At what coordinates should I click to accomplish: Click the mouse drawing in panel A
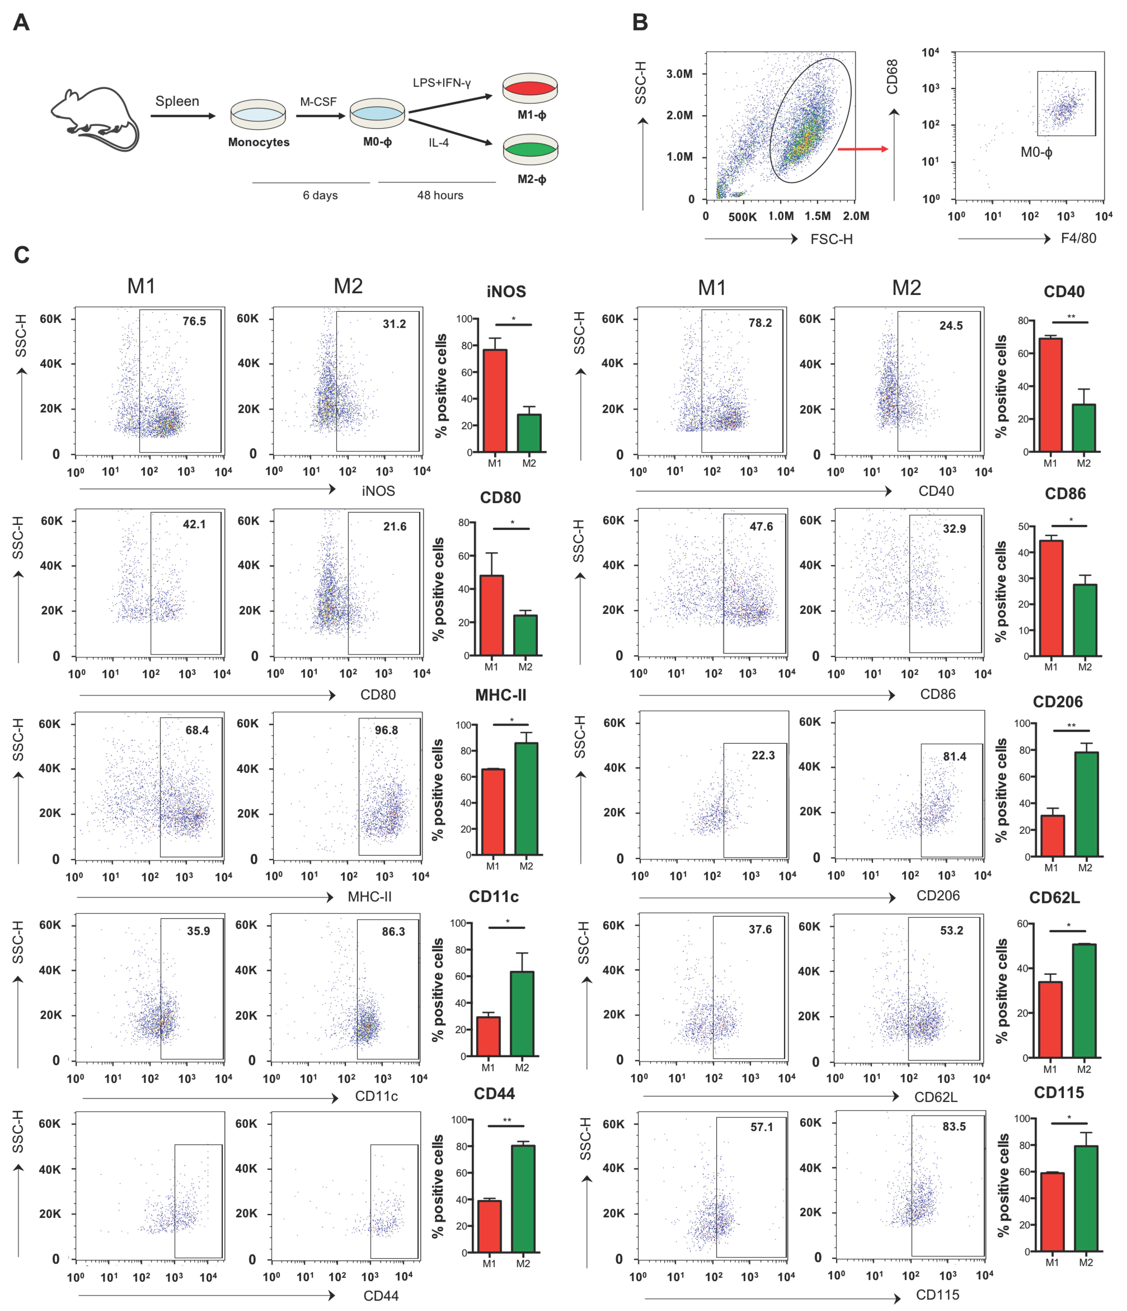[95, 119]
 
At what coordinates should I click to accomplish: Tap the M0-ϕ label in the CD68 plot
[1036, 152]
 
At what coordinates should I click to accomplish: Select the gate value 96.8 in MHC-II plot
[386, 730]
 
